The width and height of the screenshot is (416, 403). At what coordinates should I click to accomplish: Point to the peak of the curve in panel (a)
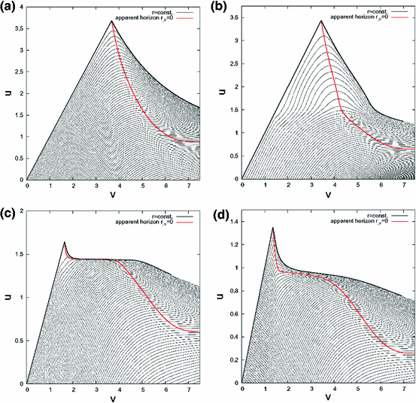coord(112,21)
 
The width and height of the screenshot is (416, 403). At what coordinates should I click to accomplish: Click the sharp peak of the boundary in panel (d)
coord(272,228)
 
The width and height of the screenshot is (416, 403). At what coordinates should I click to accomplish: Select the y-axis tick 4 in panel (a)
coord(20,8)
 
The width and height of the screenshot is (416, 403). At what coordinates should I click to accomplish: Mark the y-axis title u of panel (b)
coord(219,94)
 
